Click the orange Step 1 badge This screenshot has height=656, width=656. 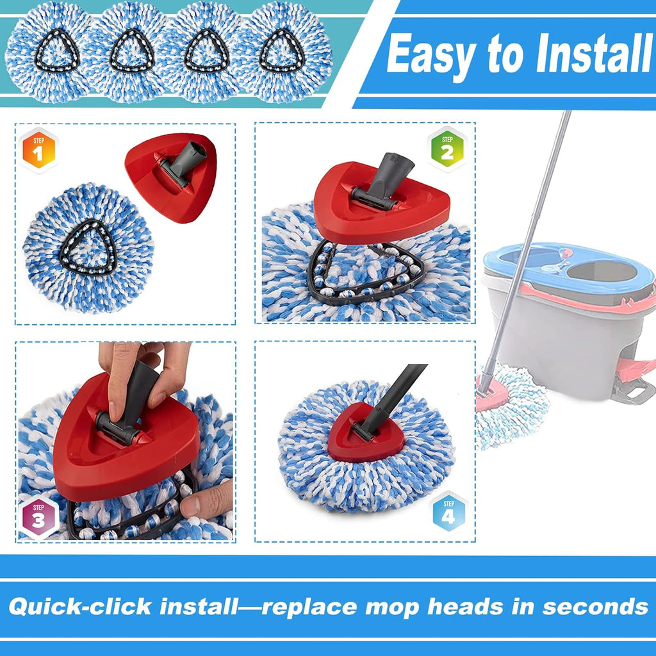point(38,151)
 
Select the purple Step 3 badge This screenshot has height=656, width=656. point(38,518)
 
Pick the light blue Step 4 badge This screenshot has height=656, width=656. point(448,512)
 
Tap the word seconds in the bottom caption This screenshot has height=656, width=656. point(594,606)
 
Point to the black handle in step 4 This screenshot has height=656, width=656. point(397,394)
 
